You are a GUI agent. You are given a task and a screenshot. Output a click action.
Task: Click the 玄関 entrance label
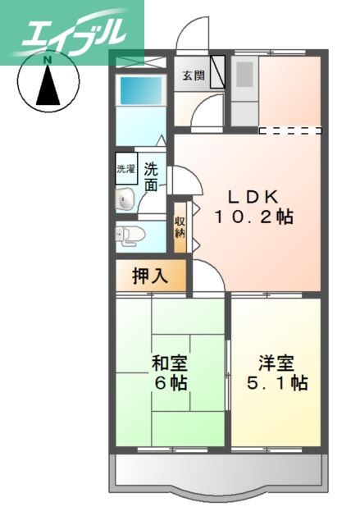tap(194, 76)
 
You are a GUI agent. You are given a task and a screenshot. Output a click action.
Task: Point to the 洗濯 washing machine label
tap(125, 170)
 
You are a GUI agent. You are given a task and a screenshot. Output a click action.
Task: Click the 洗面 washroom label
tap(152, 176)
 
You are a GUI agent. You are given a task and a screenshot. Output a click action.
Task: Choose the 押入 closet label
tap(150, 276)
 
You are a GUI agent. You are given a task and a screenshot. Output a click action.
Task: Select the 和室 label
tap(169, 362)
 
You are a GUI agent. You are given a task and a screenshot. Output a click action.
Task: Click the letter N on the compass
tap(48, 61)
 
